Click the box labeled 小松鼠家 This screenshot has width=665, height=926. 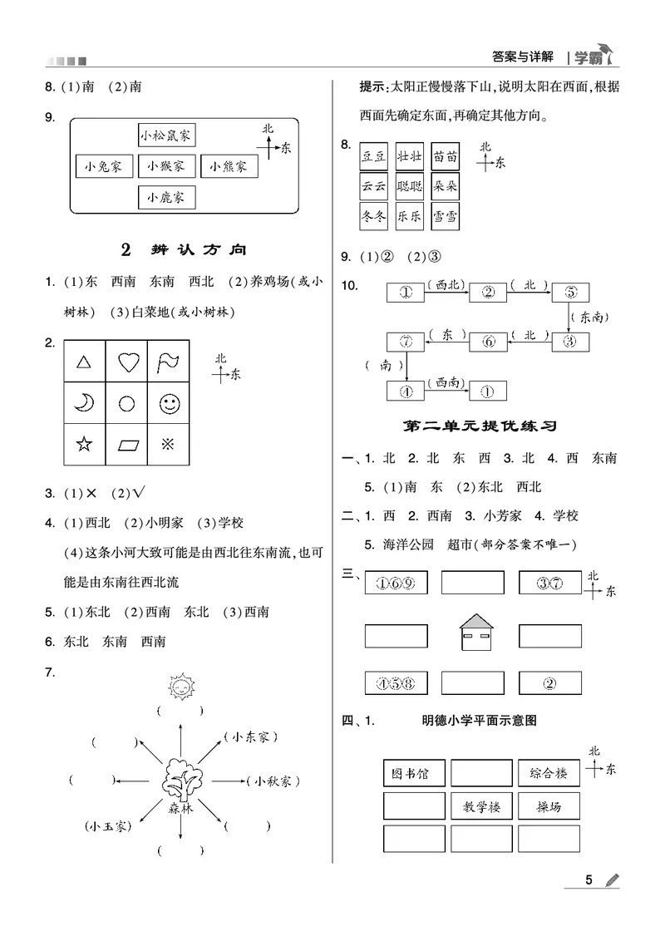pyautogui.click(x=166, y=135)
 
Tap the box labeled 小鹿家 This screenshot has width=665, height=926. pyautogui.click(x=166, y=197)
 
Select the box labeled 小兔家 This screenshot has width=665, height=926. pyautogui.click(x=103, y=166)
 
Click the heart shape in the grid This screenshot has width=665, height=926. pyautogui.click(x=127, y=362)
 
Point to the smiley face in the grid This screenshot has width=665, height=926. pyautogui.click(x=169, y=403)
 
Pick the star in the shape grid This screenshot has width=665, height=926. pyautogui.click(x=84, y=444)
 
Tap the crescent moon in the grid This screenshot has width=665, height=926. pyautogui.click(x=84, y=403)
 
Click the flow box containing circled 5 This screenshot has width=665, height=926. pyautogui.click(x=570, y=292)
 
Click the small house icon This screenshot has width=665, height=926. pyautogui.click(x=478, y=634)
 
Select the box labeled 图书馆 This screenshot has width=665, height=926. pyautogui.click(x=413, y=773)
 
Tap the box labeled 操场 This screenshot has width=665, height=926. pyautogui.click(x=548, y=805)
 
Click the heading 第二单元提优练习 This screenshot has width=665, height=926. pyautogui.click(x=480, y=426)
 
